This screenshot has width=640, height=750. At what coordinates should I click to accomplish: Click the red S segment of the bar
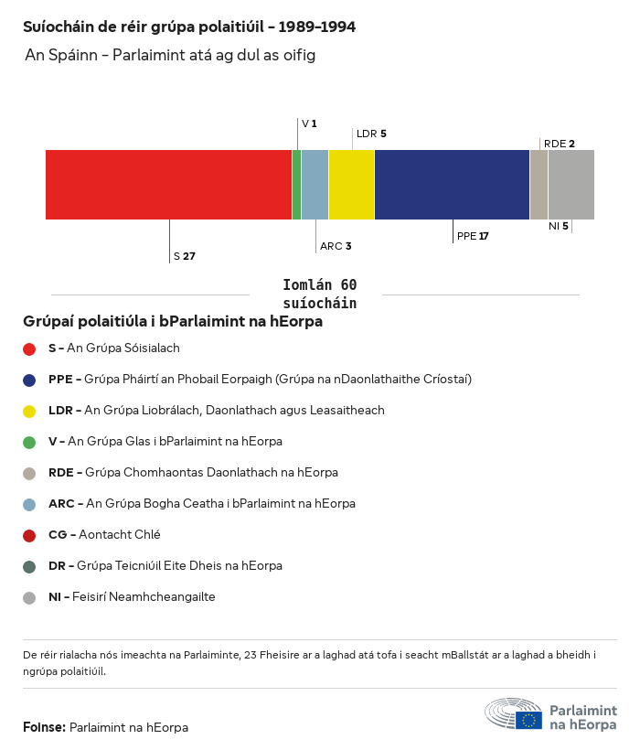[169, 185]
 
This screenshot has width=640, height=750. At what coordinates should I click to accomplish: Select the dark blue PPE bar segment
[452, 185]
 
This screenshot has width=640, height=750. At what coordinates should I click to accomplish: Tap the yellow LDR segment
[351, 185]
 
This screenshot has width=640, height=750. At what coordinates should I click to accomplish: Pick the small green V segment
[296, 185]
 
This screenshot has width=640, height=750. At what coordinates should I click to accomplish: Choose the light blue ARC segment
[315, 185]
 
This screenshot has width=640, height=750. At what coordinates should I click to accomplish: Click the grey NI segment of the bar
[571, 185]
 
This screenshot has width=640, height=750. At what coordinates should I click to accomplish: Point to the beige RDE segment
[539, 185]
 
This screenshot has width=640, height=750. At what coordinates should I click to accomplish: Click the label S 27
[184, 256]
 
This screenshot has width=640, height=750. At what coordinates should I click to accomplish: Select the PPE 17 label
[473, 236]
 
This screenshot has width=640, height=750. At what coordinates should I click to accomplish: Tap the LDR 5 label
[371, 134]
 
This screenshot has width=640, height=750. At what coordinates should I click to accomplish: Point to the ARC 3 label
[336, 246]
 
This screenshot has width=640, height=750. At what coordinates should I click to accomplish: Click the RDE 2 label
[559, 144]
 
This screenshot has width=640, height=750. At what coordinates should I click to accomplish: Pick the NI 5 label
[558, 226]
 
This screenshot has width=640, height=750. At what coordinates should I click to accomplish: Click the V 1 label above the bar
[309, 123]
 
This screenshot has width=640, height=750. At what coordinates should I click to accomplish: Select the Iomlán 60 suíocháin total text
[319, 295]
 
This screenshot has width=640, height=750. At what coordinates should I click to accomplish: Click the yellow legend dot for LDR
[29, 411]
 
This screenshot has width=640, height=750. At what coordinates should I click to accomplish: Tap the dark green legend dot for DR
[29, 566]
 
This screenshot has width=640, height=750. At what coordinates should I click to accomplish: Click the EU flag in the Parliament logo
[528, 720]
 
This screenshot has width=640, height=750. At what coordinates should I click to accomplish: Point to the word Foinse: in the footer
[44, 727]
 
